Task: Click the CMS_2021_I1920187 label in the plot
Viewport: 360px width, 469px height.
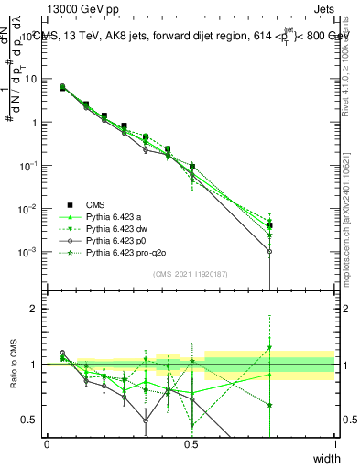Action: click(191, 274)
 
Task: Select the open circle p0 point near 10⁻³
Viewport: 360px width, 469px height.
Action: click(269, 251)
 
